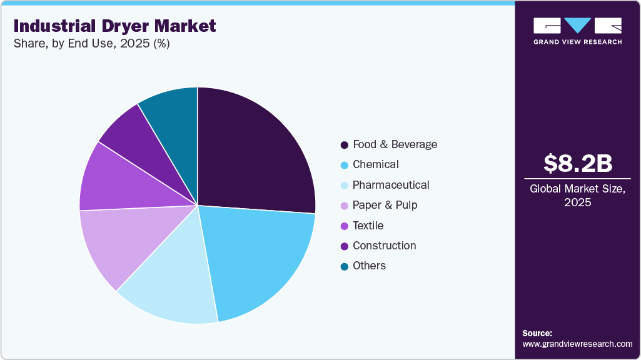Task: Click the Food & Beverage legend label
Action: point(395,144)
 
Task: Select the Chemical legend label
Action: point(375,164)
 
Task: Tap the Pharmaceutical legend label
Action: point(391,185)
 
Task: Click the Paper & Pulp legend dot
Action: point(345,206)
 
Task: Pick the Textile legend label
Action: point(368,226)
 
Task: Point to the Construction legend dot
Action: point(345,246)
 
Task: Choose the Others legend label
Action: point(369,266)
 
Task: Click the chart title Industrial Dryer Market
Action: point(114,26)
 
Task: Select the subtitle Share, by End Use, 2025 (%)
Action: point(91,44)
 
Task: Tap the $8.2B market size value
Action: point(577,163)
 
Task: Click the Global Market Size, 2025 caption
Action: point(577,195)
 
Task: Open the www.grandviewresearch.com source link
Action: point(577,344)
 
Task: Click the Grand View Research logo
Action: point(577,31)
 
